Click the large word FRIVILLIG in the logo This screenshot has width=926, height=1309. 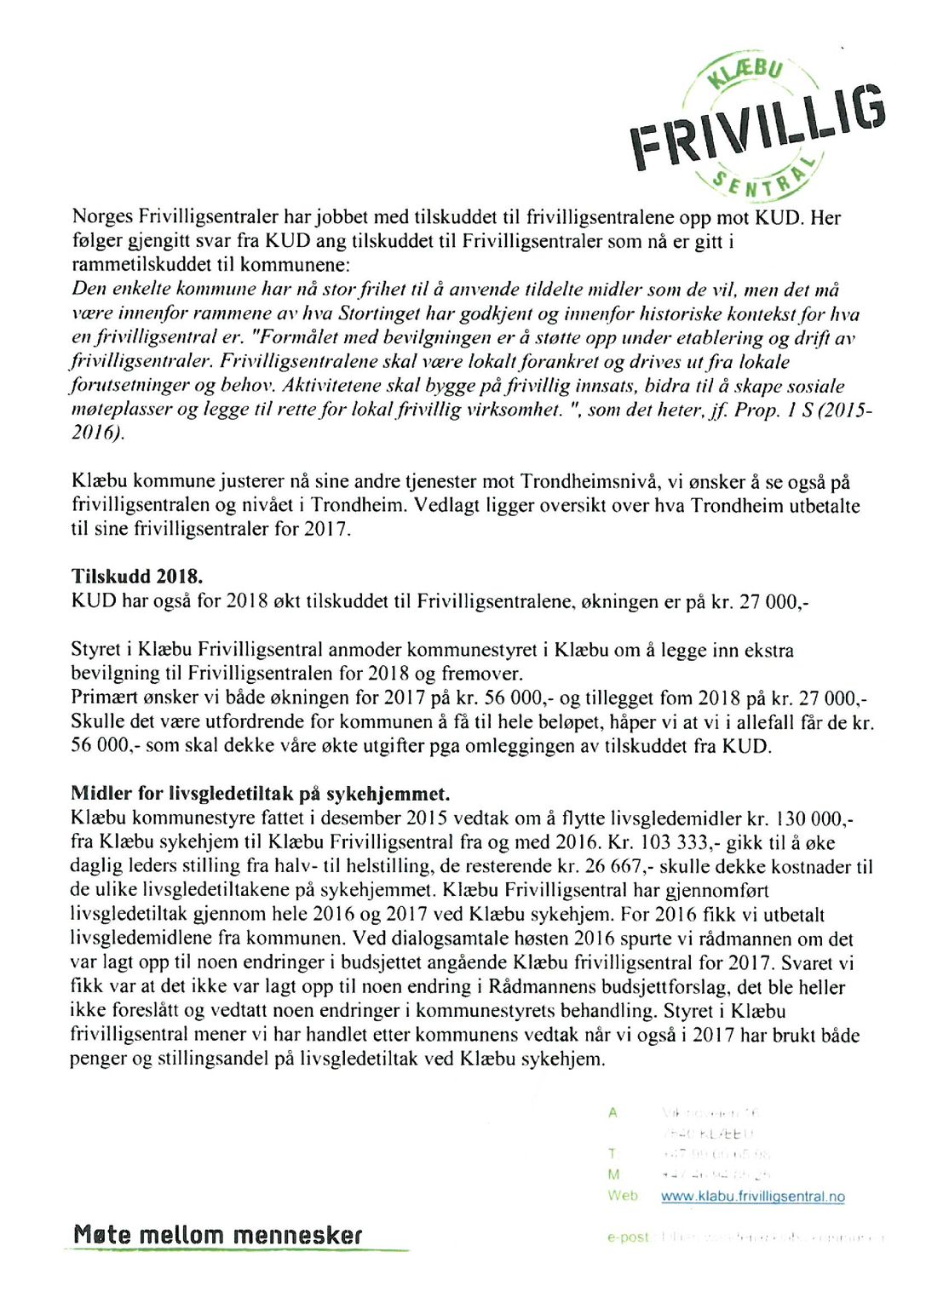tap(757, 128)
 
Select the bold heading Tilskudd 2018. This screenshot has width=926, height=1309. tap(136, 577)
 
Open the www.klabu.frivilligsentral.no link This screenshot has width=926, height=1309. tap(752, 1196)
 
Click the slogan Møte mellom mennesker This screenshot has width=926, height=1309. tap(217, 1235)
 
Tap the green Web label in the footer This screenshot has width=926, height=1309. tap(622, 1195)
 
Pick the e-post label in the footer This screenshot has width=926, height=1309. tap(628, 1237)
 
